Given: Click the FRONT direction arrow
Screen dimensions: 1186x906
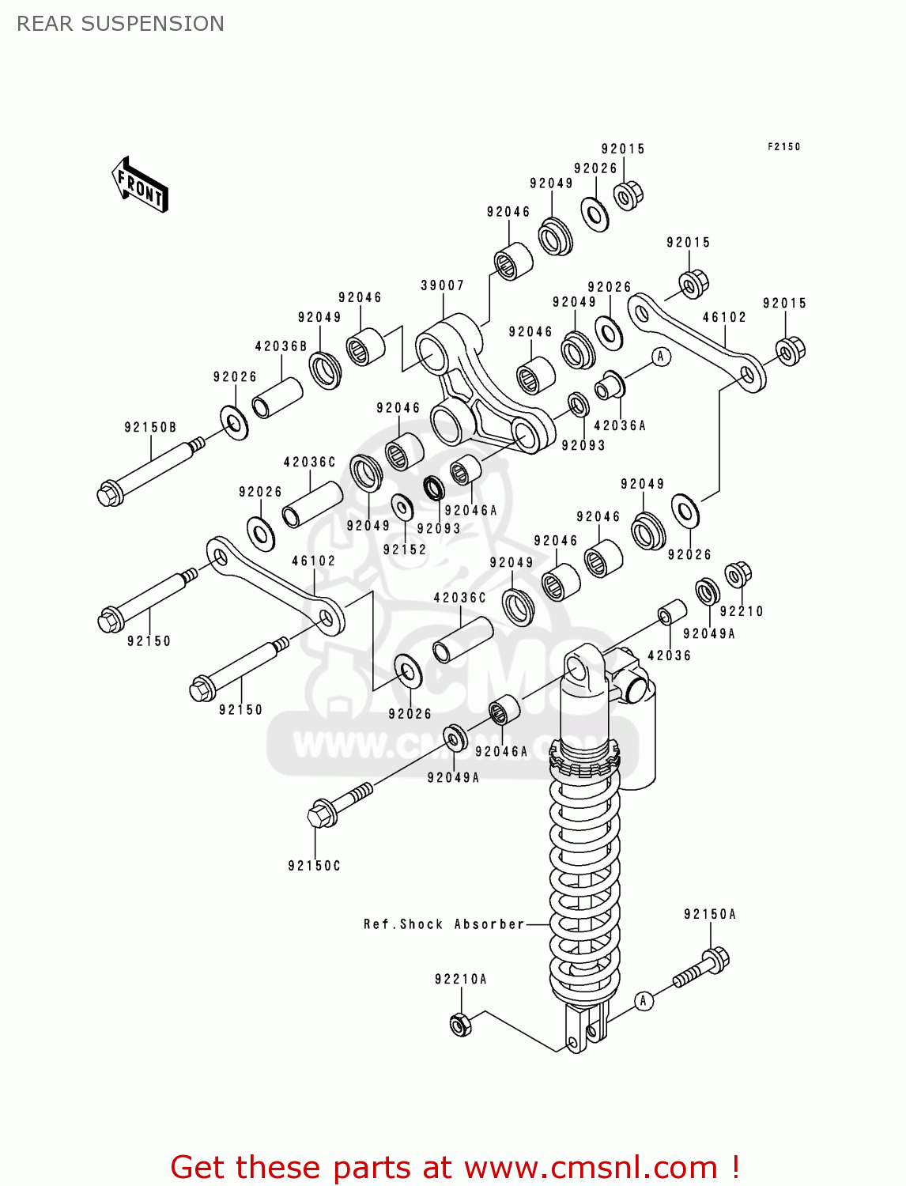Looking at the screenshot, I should click(140, 185).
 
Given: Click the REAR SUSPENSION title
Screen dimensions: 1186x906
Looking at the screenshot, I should click(120, 24).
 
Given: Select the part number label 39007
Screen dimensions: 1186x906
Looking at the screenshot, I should click(442, 285).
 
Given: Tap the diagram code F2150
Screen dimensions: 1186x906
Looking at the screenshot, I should click(783, 147).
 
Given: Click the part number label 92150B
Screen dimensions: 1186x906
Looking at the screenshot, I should click(150, 428).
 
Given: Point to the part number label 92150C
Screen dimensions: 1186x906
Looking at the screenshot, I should click(314, 866).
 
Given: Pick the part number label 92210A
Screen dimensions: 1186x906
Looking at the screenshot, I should click(460, 980).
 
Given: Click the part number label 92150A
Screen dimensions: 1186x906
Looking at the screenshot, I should click(709, 915).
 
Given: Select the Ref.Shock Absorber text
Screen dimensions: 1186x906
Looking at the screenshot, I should click(444, 924).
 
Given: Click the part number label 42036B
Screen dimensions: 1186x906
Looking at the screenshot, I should click(281, 346).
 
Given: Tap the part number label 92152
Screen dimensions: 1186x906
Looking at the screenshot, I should click(405, 550).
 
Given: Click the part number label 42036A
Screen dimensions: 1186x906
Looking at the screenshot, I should click(620, 426).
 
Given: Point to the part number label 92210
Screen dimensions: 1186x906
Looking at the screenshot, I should click(742, 611).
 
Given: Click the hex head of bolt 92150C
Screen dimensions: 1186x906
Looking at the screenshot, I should click(320, 814).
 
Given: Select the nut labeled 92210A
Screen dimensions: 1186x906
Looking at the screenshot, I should click(460, 1025).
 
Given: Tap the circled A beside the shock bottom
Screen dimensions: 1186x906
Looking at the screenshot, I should click(644, 1001).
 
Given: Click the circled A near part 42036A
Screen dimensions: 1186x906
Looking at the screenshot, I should click(661, 357).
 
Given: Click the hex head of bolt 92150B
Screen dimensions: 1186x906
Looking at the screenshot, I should click(110, 494).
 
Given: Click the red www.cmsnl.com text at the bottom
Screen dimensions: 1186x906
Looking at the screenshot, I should click(590, 1168).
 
